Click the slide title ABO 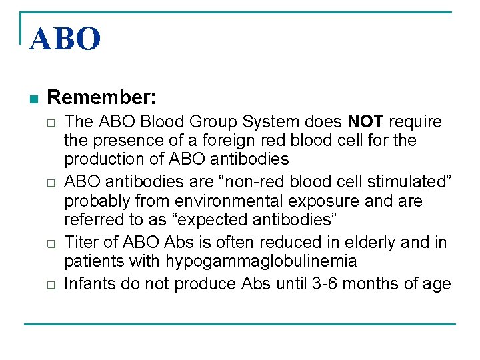[x=65, y=39]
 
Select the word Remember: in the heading [x=102, y=98]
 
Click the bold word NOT [x=366, y=122]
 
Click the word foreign [x=236, y=141]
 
